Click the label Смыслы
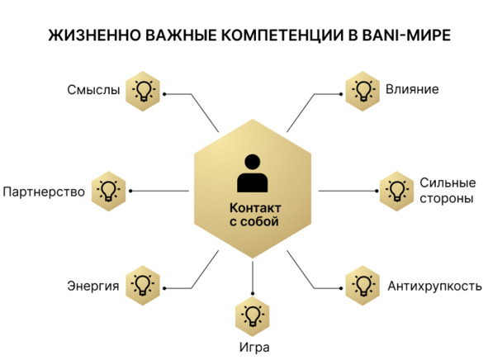[93, 90]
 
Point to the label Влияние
[412, 89]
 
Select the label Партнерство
[44, 192]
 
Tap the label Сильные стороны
[448, 191]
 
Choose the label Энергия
[93, 286]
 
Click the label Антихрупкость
[434, 286]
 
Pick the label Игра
[254, 348]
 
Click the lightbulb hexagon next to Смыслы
[143, 91]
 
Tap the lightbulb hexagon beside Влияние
[362, 91]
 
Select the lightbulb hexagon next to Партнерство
[109, 191]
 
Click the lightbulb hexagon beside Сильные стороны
[397, 191]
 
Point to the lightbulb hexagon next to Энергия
[143, 286]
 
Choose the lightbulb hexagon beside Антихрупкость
[362, 286]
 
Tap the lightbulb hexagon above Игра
[253, 316]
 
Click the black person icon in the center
[253, 173]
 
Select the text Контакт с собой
[255, 215]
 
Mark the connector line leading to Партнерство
[159, 191]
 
